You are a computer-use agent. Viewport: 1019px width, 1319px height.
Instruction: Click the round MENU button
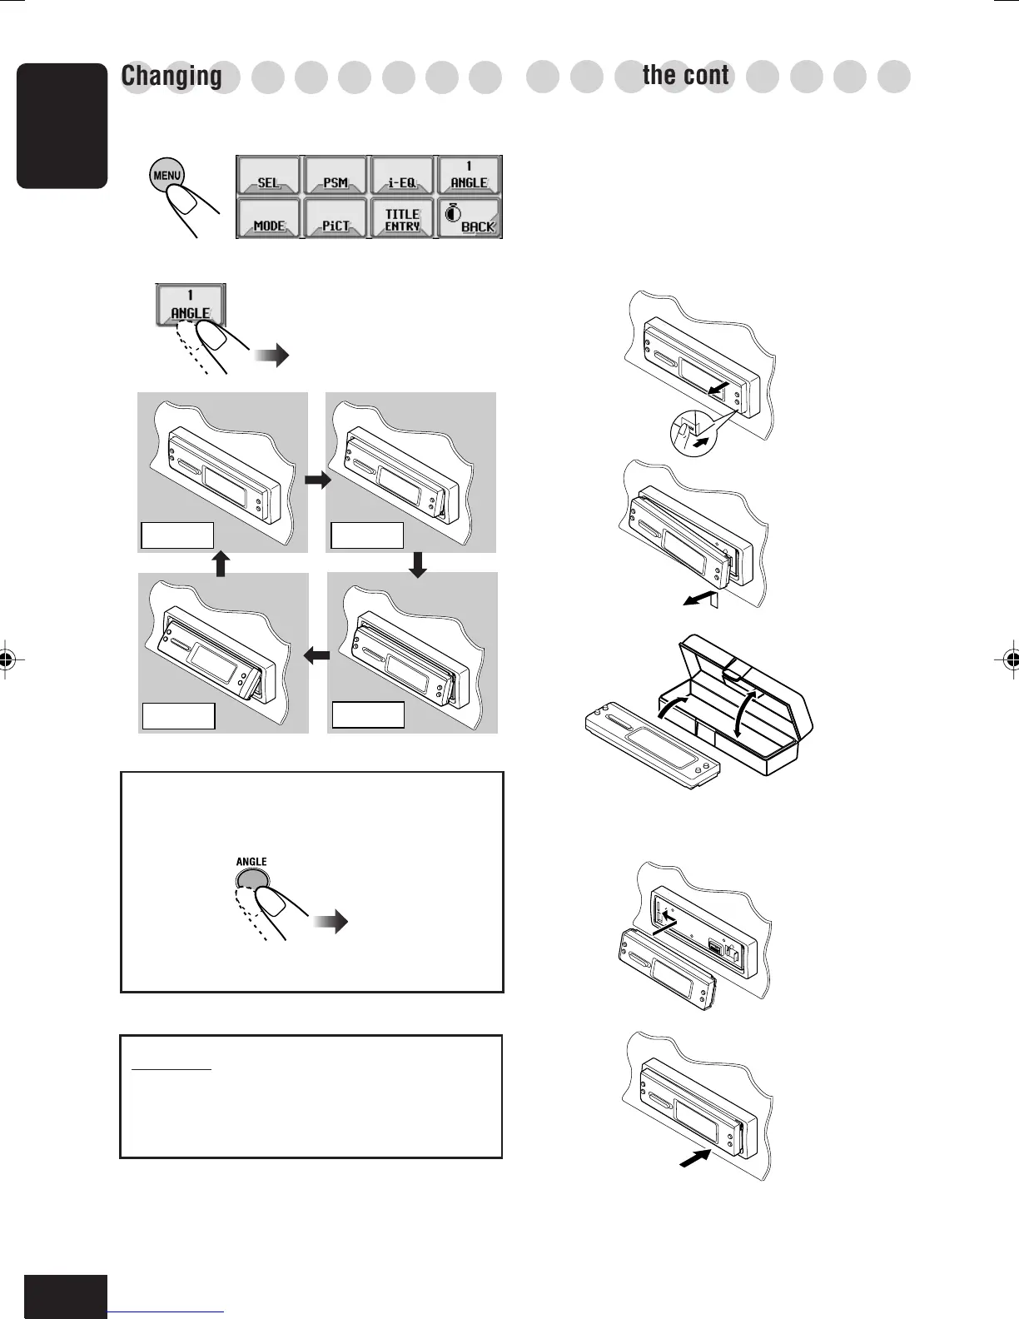[167, 176]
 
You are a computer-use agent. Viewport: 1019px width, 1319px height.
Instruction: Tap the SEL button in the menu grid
[269, 176]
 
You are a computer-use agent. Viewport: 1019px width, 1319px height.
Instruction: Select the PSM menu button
[336, 176]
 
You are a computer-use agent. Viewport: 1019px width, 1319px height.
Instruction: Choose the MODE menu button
[269, 219]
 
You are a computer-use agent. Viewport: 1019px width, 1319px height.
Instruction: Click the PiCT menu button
[336, 219]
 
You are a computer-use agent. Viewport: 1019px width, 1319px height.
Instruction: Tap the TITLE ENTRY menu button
[402, 219]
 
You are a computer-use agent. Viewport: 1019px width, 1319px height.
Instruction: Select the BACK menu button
[470, 219]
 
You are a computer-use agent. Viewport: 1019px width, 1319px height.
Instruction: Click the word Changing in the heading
[171, 76]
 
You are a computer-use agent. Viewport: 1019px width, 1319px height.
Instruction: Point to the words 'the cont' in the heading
[685, 76]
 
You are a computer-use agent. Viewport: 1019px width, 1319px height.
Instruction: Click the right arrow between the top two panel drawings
[317, 480]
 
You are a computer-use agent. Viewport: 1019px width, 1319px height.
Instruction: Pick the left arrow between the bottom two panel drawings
[317, 656]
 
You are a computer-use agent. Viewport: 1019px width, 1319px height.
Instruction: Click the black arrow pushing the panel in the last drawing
[694, 1157]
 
